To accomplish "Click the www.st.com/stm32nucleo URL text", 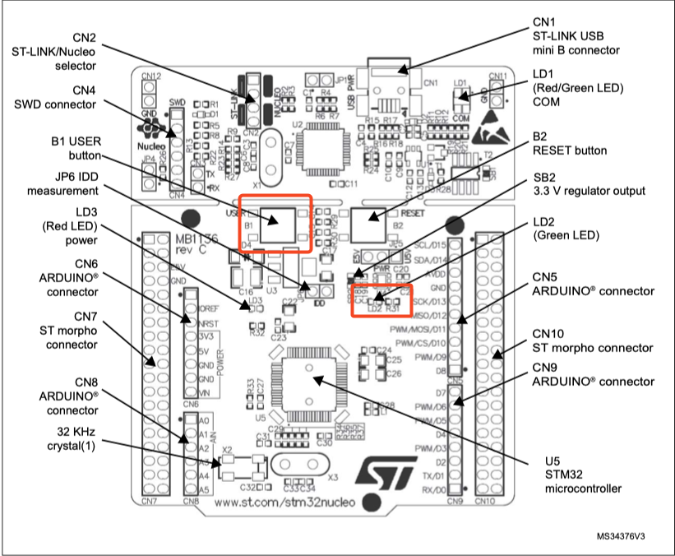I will [282, 501].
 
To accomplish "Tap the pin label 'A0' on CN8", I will [203, 422].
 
